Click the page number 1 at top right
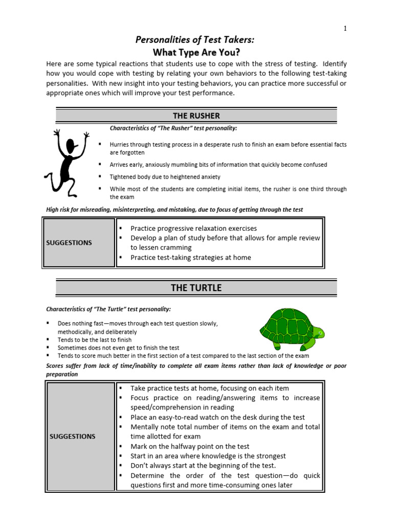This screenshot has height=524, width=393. [345, 29]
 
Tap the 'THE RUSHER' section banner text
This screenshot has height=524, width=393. [196, 116]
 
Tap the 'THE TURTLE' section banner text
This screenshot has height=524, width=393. [196, 288]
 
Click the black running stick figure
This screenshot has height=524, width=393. [67, 161]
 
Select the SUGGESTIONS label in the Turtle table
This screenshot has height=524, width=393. [73, 436]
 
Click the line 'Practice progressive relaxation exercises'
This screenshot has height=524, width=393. [193, 228]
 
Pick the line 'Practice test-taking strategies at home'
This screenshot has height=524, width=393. [190, 257]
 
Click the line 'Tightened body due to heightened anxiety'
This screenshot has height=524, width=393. [165, 177]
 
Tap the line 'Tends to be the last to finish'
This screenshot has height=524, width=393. [95, 340]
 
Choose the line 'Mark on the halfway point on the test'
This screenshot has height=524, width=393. [190, 446]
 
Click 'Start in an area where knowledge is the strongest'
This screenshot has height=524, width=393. [208, 456]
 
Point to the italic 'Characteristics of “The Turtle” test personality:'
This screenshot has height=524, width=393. [108, 310]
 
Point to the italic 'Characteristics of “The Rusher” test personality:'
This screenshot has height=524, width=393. [173, 128]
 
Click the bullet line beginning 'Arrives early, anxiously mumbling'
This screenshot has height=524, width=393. [218, 165]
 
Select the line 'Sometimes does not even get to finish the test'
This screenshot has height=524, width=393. [118, 347]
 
